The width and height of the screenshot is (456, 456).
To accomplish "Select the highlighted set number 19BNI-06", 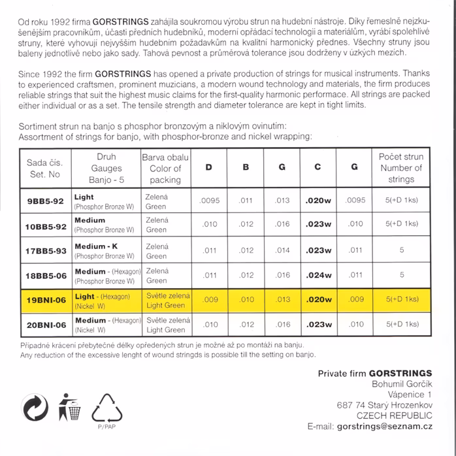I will (x=46, y=300).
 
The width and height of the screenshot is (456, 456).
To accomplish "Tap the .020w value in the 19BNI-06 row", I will (x=318, y=300).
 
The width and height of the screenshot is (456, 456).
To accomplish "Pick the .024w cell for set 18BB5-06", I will (x=318, y=275).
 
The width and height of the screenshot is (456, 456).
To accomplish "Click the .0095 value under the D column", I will (x=210, y=201).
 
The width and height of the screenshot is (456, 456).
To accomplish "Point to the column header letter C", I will (x=318, y=167).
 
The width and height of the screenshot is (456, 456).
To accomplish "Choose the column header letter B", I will (x=246, y=167).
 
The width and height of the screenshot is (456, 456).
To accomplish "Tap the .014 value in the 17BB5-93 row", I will (x=282, y=250).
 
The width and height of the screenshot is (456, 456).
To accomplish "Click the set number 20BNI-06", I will (x=46, y=325).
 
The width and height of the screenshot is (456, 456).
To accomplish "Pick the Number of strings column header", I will (x=400, y=168).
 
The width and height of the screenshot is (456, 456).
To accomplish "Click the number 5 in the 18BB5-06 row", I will (x=401, y=275).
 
